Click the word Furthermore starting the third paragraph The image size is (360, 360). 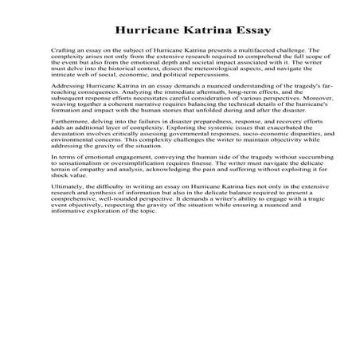click(x=68, y=119)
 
